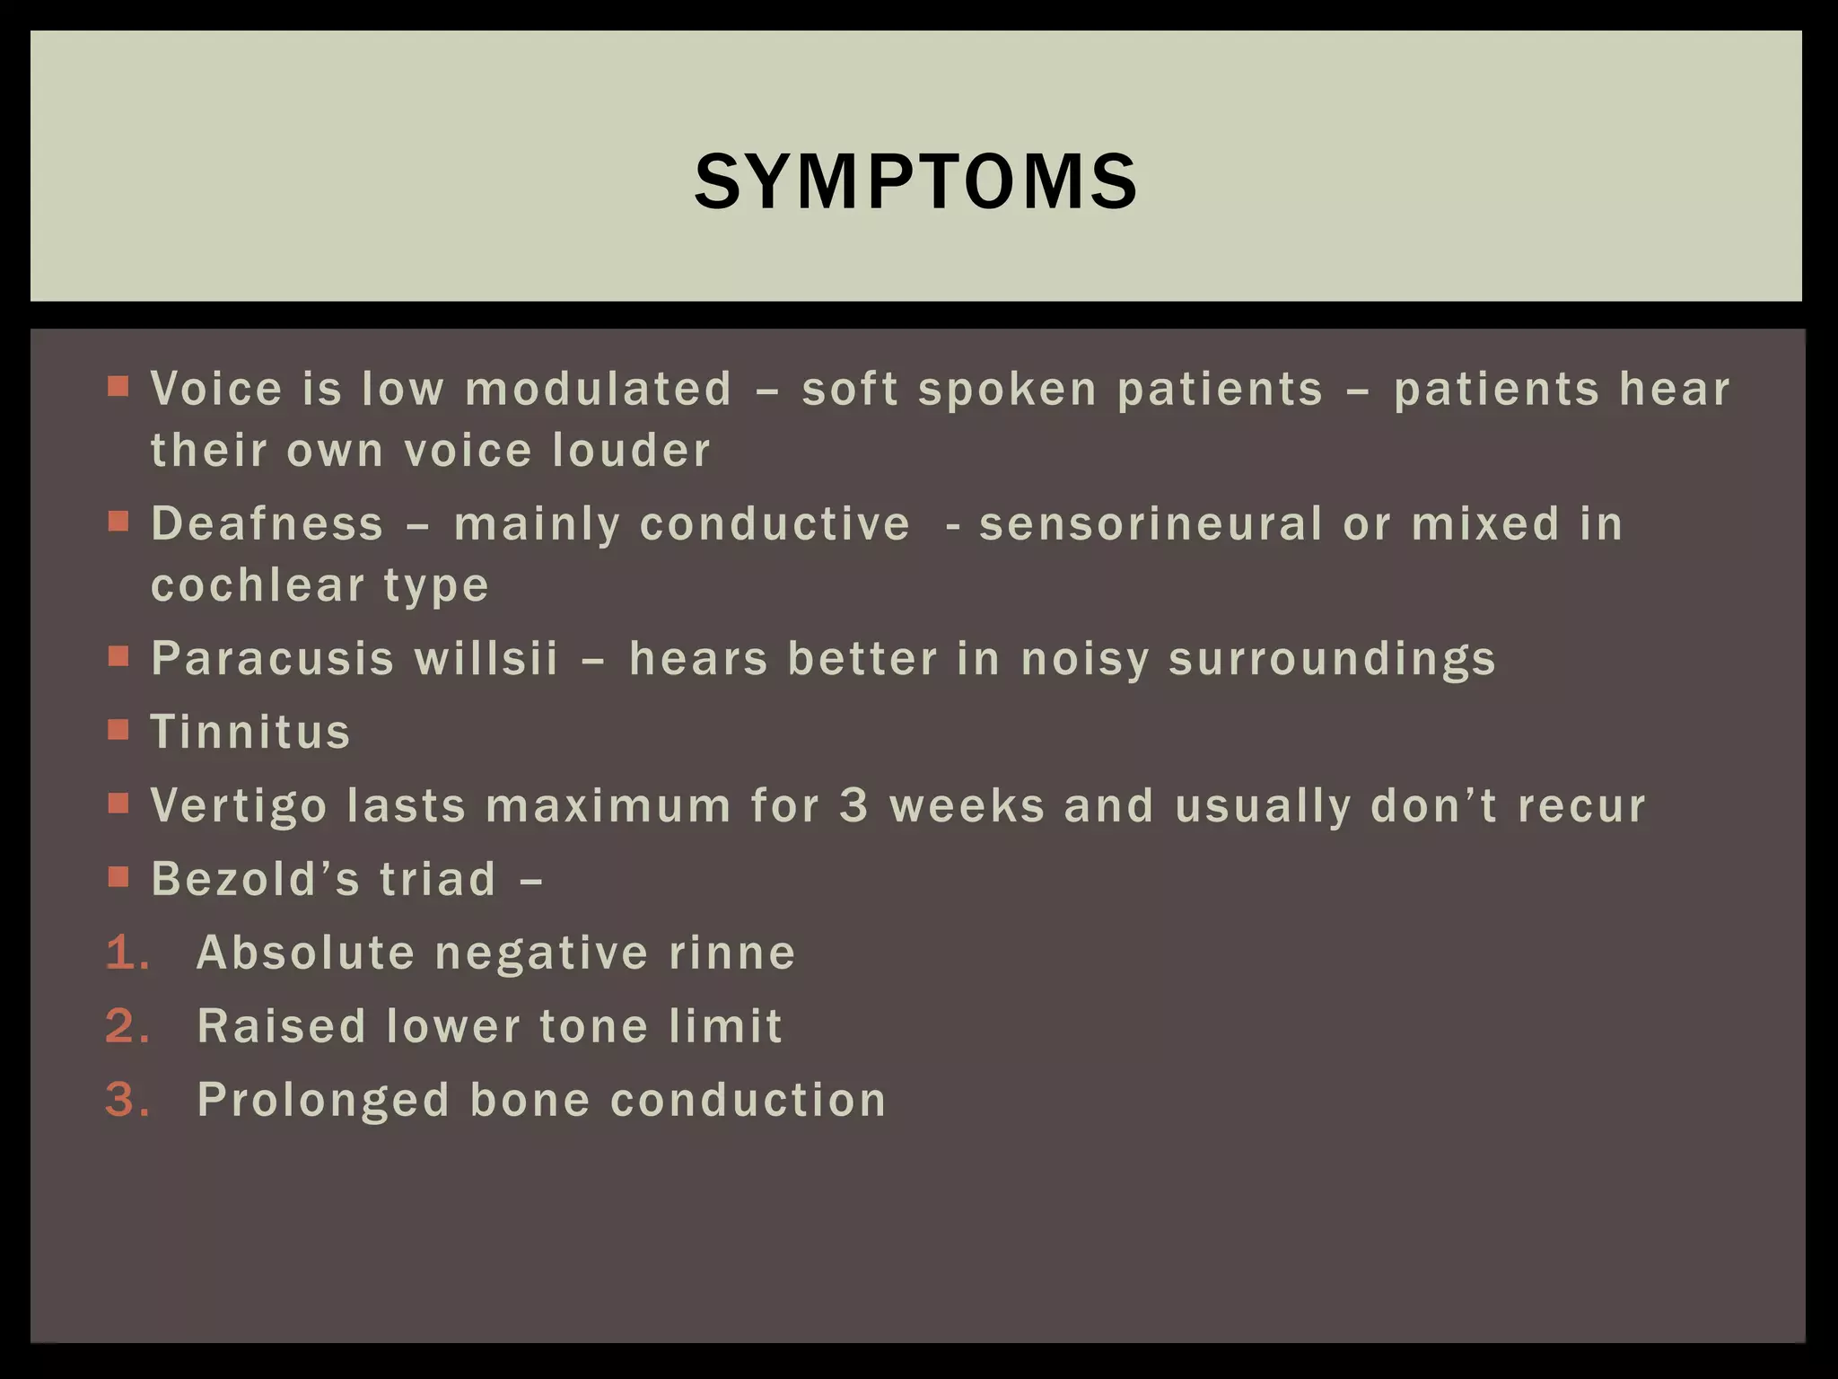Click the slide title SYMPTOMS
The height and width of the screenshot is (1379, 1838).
tap(916, 182)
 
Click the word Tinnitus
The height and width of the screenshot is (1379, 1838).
tap(250, 732)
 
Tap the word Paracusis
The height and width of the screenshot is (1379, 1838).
tap(273, 658)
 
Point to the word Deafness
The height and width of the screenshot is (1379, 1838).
tap(267, 523)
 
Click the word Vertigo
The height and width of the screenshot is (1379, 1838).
tap(239, 805)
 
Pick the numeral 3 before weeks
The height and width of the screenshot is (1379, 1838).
tap(854, 805)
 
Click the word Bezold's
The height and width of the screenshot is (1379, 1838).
tap(255, 879)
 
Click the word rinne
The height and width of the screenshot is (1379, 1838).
tap(732, 953)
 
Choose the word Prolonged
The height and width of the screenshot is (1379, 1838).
tap(323, 1101)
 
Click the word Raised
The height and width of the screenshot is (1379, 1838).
tap(281, 1026)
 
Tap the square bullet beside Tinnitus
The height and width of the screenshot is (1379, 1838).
tap(118, 729)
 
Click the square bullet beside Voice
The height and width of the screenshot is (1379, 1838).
tap(118, 386)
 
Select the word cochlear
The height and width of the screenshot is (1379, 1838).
tap(258, 585)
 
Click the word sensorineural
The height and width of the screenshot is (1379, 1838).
tap(1151, 523)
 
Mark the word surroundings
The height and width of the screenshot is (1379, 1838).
tap(1333, 660)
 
